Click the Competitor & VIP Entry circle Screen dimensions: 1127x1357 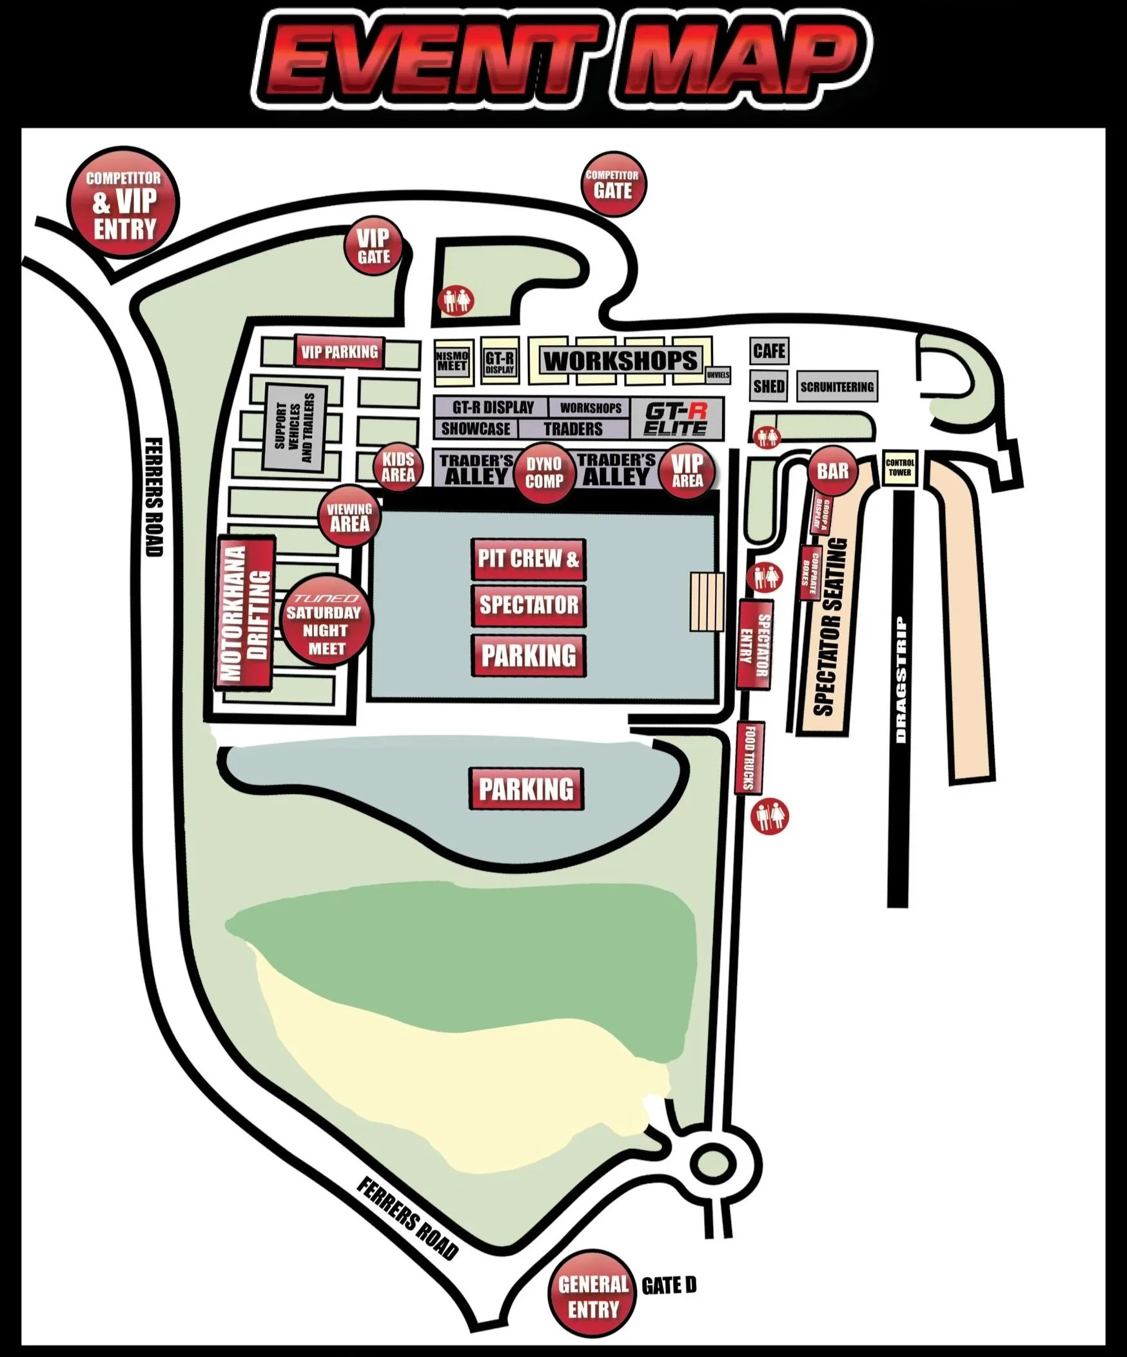pyautogui.click(x=123, y=204)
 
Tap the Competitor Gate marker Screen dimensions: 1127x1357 pyautogui.click(x=612, y=185)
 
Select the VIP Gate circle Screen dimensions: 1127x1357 pyautogui.click(x=374, y=246)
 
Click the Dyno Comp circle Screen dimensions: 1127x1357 pyautogui.click(x=544, y=473)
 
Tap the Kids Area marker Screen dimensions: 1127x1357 pyautogui.click(x=398, y=467)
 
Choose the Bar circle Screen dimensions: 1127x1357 pyautogui.click(x=832, y=471)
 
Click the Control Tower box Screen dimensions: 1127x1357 pyautogui.click(x=899, y=467)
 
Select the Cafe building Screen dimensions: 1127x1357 pyautogui.click(x=769, y=352)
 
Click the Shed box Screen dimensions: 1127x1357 pyautogui.click(x=769, y=386)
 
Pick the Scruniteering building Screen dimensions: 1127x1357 pyautogui.click(x=836, y=387)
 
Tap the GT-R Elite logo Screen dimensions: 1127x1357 pyautogui.click(x=676, y=418)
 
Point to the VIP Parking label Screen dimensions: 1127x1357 pyautogui.click(x=339, y=352)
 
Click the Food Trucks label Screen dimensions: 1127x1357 pyautogui.click(x=750, y=757)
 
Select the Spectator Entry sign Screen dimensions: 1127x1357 pyautogui.click(x=754, y=644)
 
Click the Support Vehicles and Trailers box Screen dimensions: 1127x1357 pyautogui.click(x=295, y=428)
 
